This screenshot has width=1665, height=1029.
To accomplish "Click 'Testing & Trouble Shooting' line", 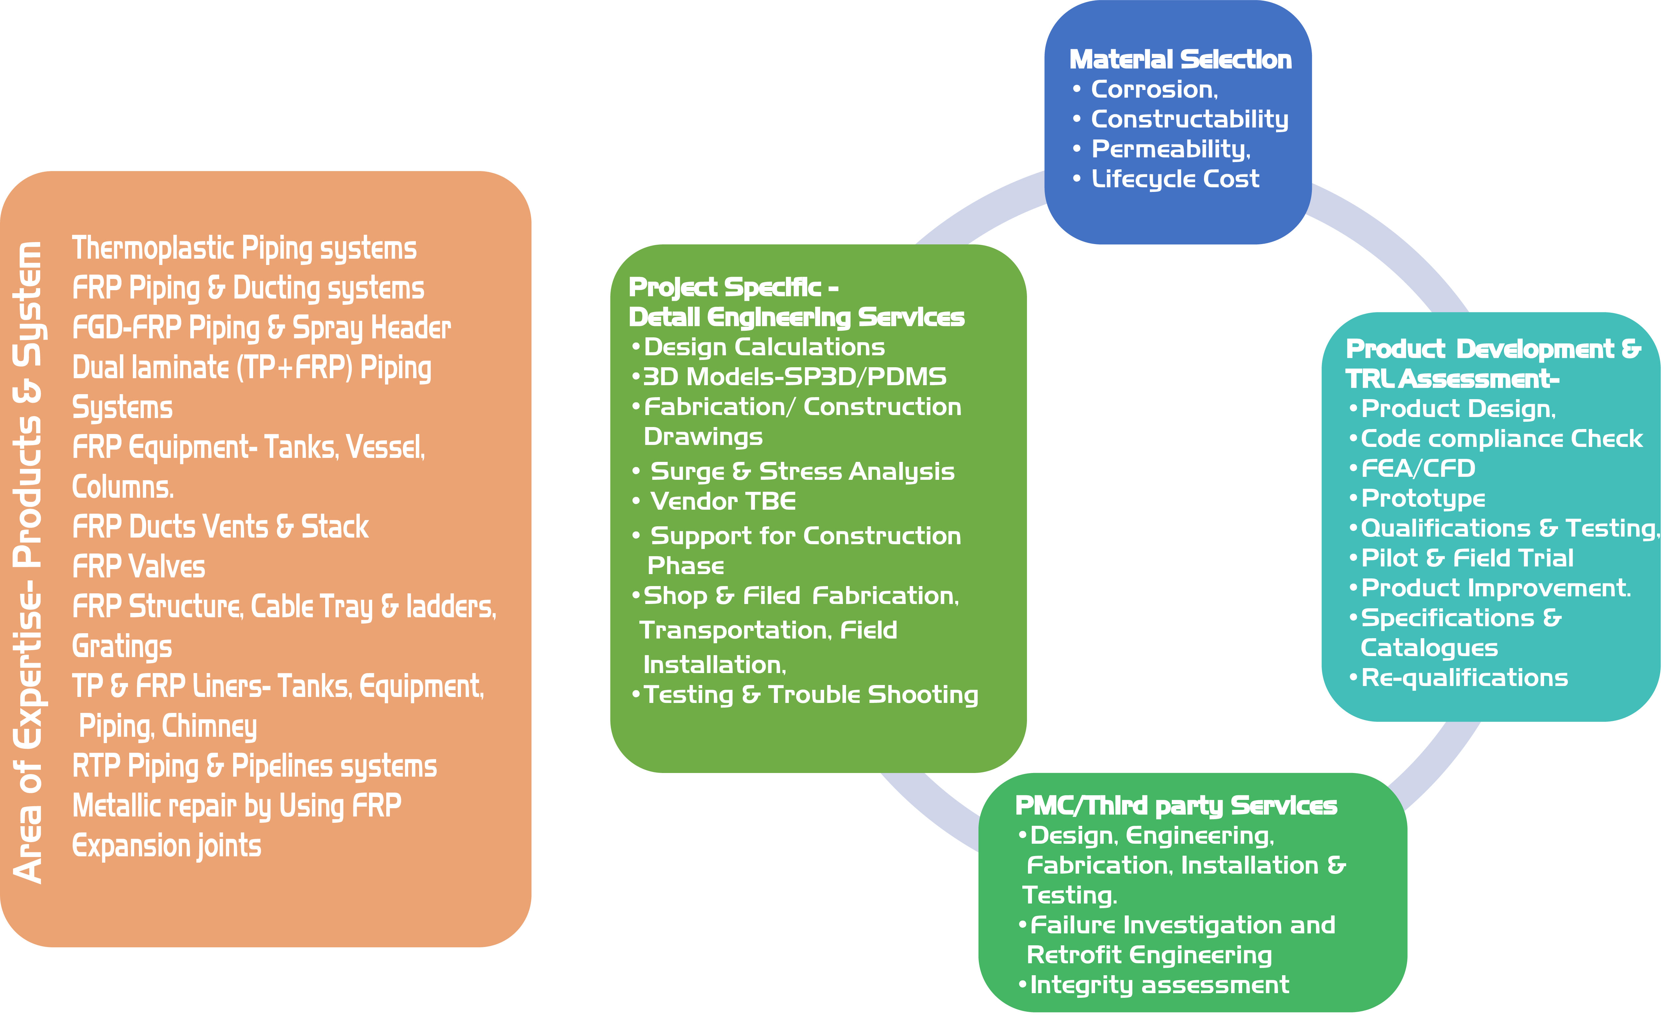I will (x=810, y=695).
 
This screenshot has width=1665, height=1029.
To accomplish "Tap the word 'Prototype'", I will (x=1423, y=499).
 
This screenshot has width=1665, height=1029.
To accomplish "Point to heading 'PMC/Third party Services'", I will (x=1175, y=806).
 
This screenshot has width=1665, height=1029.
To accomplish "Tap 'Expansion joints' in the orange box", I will (x=167, y=846).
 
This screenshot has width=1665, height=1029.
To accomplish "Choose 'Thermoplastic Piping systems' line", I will (x=244, y=248).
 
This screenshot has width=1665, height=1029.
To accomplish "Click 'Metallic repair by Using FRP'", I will (x=237, y=807).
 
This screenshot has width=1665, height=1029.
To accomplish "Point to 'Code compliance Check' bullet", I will (x=1501, y=439).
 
